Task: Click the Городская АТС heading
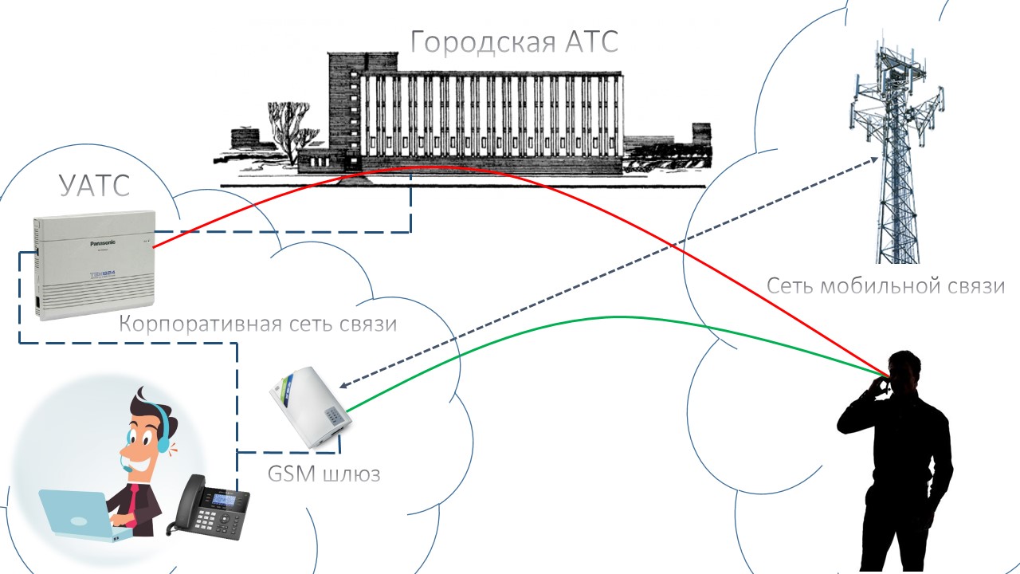[514, 42]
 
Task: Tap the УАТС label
[94, 186]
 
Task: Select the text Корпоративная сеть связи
[257, 324]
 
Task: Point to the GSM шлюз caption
[324, 474]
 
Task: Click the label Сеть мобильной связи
[885, 286]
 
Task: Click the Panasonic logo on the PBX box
[103, 243]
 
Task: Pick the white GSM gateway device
[311, 407]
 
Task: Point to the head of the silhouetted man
[904, 372]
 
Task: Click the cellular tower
[896, 151]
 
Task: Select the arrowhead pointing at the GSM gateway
[343, 385]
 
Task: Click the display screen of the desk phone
[225, 500]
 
